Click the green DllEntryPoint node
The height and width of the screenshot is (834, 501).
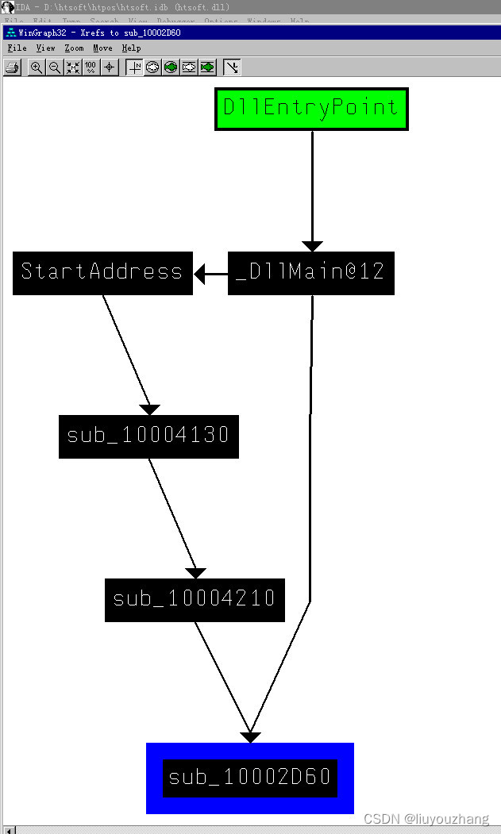click(x=311, y=109)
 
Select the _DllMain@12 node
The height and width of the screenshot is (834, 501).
click(x=310, y=273)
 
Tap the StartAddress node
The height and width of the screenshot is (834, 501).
click(x=102, y=273)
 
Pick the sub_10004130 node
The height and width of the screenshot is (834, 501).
click(x=148, y=436)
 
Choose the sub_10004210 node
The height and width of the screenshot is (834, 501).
click(x=195, y=599)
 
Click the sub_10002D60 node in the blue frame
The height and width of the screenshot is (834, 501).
click(x=250, y=778)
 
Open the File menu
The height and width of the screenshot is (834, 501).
click(x=17, y=48)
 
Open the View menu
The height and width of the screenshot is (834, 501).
click(x=45, y=48)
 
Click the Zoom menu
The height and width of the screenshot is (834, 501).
click(x=74, y=48)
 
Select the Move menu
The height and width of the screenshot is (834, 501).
click(x=102, y=48)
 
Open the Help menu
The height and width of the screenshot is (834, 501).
click(x=131, y=48)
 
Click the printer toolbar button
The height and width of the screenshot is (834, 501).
click(x=12, y=67)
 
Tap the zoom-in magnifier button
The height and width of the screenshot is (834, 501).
click(x=37, y=67)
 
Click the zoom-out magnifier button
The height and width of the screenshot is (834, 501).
click(x=55, y=67)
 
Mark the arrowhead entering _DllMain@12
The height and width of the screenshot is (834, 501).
click(x=312, y=246)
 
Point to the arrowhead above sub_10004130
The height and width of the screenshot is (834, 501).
click(x=150, y=409)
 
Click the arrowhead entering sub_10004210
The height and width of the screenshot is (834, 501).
click(x=195, y=573)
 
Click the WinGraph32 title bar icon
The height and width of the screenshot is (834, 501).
click(x=10, y=33)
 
